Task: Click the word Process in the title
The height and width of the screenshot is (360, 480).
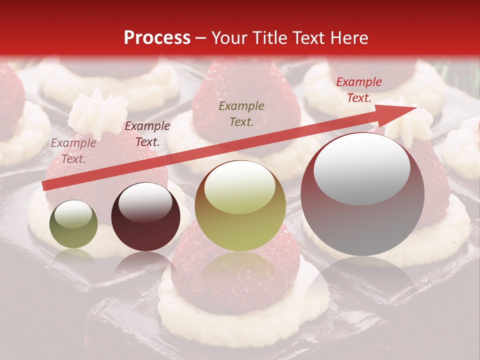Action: coord(157,38)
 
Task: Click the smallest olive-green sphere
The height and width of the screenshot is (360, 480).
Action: coord(73,224)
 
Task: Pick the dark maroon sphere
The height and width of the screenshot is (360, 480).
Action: coord(145,216)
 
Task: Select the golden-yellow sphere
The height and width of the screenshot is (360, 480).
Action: coord(240,205)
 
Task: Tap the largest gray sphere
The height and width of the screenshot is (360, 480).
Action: coord(362,194)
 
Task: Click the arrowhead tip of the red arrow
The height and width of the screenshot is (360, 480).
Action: coord(416,107)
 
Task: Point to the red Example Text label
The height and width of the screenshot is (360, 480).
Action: coord(358,90)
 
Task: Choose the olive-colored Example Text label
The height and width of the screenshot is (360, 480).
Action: coord(241,113)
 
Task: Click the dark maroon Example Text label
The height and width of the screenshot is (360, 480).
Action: coord(147,134)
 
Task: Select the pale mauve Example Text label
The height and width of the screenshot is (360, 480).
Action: coord(73,150)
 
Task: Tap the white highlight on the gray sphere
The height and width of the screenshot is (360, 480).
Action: coord(362,167)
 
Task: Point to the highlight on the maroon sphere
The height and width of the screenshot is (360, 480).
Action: coord(145,201)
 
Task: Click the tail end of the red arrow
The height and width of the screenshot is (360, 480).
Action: coord(45,186)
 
